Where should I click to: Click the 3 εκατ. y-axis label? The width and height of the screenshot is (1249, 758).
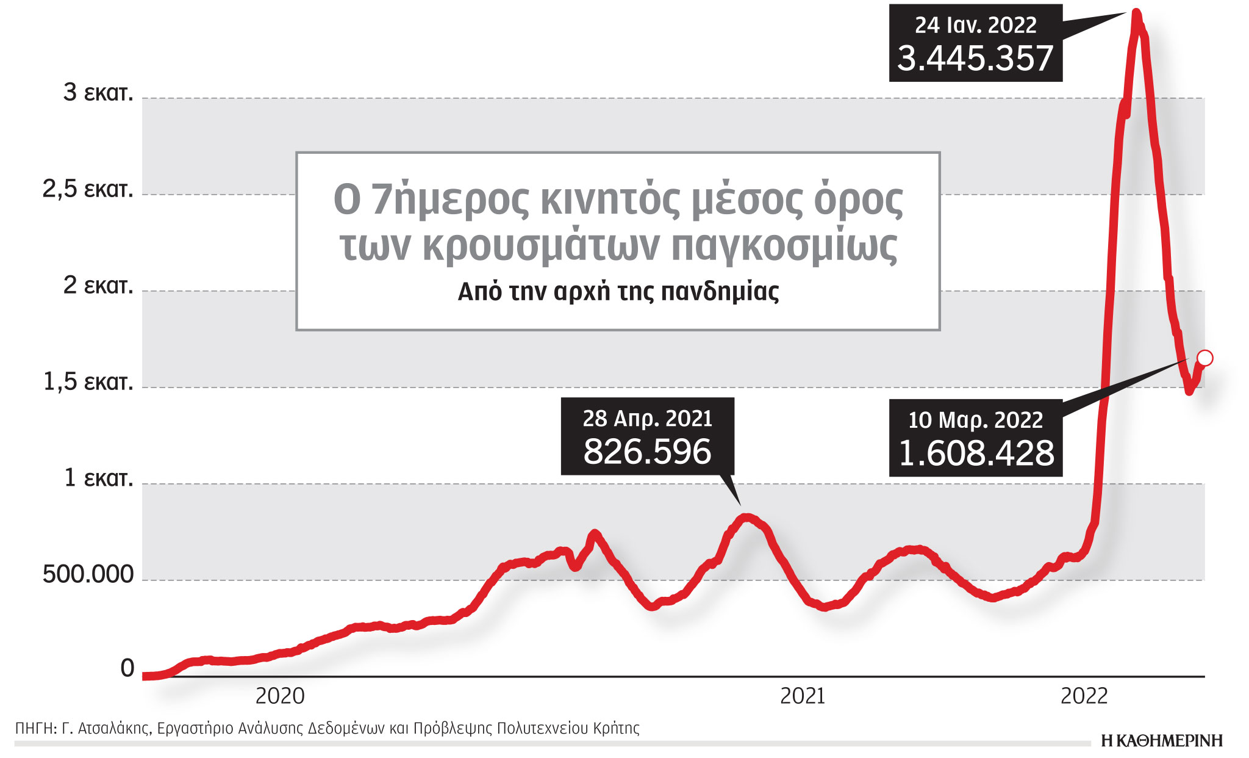coord(98,93)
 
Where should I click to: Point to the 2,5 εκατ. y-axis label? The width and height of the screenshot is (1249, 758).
coord(88,189)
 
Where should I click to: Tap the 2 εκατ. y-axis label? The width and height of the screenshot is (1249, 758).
coord(98,286)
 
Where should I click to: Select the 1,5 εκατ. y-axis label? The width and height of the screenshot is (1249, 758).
coord(88,382)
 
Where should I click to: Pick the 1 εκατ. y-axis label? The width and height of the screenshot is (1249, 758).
coord(98,478)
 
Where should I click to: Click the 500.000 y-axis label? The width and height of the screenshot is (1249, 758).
coord(88,575)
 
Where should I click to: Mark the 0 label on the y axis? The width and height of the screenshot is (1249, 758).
coord(127,669)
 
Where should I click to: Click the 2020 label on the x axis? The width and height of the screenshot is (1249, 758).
coord(280,696)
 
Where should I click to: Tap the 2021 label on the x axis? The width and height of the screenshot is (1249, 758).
coord(803,696)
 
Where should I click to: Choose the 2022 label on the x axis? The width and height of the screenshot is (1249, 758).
coord(1084,696)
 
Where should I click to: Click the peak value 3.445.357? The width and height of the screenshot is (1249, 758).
coord(975,59)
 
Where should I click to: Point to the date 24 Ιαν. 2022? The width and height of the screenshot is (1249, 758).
coord(975,26)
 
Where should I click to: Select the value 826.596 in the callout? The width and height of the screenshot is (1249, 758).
coord(647,452)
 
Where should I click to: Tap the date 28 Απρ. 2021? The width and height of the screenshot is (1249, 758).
coord(647,419)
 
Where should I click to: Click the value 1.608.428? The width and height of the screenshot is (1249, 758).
coord(976,453)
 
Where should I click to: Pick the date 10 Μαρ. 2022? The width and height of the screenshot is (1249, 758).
coord(975,421)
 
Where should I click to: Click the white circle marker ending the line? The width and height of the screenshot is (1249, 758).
coord(1204,358)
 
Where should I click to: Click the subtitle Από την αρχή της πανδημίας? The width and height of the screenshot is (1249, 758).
coord(618,292)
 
